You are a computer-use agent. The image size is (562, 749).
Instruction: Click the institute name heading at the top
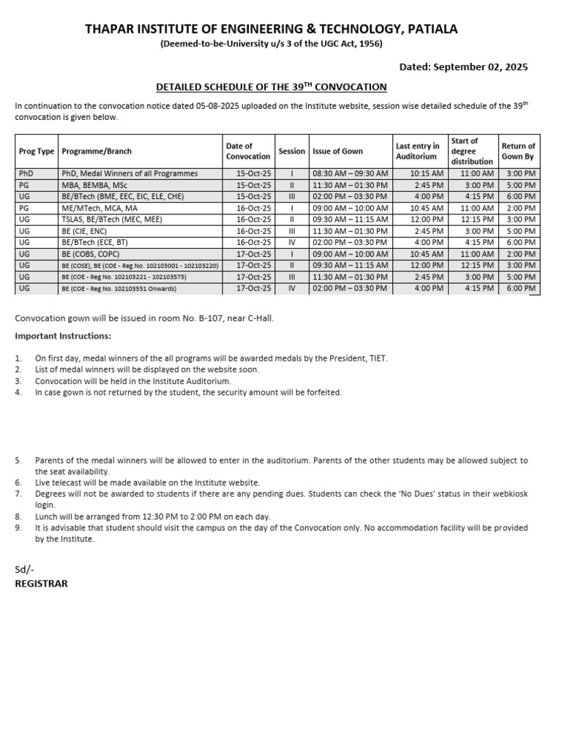point(271,29)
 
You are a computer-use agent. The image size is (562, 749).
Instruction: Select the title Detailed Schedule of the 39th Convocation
point(271,86)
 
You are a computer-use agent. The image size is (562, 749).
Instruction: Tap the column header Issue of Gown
point(337,151)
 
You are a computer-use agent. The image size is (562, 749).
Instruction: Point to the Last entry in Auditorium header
point(417,151)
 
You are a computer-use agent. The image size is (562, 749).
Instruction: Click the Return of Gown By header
point(518,151)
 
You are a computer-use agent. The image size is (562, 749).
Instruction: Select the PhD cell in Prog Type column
point(26,173)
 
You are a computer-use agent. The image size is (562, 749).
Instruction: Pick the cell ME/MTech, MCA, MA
point(100,208)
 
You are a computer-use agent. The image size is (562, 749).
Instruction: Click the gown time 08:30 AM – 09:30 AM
point(351,173)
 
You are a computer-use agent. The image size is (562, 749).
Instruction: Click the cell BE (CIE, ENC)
point(85,231)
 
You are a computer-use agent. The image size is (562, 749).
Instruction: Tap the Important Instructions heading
point(63,336)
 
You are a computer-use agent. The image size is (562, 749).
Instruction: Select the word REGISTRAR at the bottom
point(41,584)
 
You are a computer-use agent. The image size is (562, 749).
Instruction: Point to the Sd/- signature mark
point(24,570)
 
